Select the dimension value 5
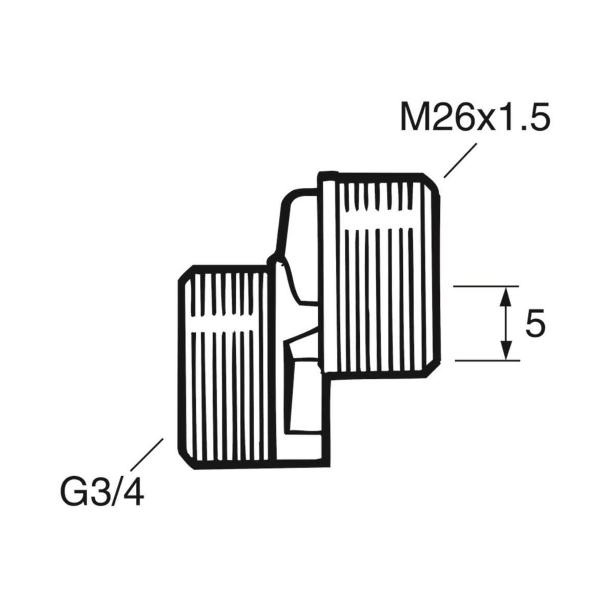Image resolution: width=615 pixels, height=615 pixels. point(535,325)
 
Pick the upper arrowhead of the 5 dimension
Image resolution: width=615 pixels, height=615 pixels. point(506,294)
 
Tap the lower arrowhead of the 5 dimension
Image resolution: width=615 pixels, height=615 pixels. point(506,353)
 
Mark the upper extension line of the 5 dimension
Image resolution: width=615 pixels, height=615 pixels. point(487,286)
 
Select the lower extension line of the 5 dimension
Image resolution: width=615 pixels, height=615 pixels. point(487,360)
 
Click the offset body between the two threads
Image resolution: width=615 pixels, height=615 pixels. point(300,328)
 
